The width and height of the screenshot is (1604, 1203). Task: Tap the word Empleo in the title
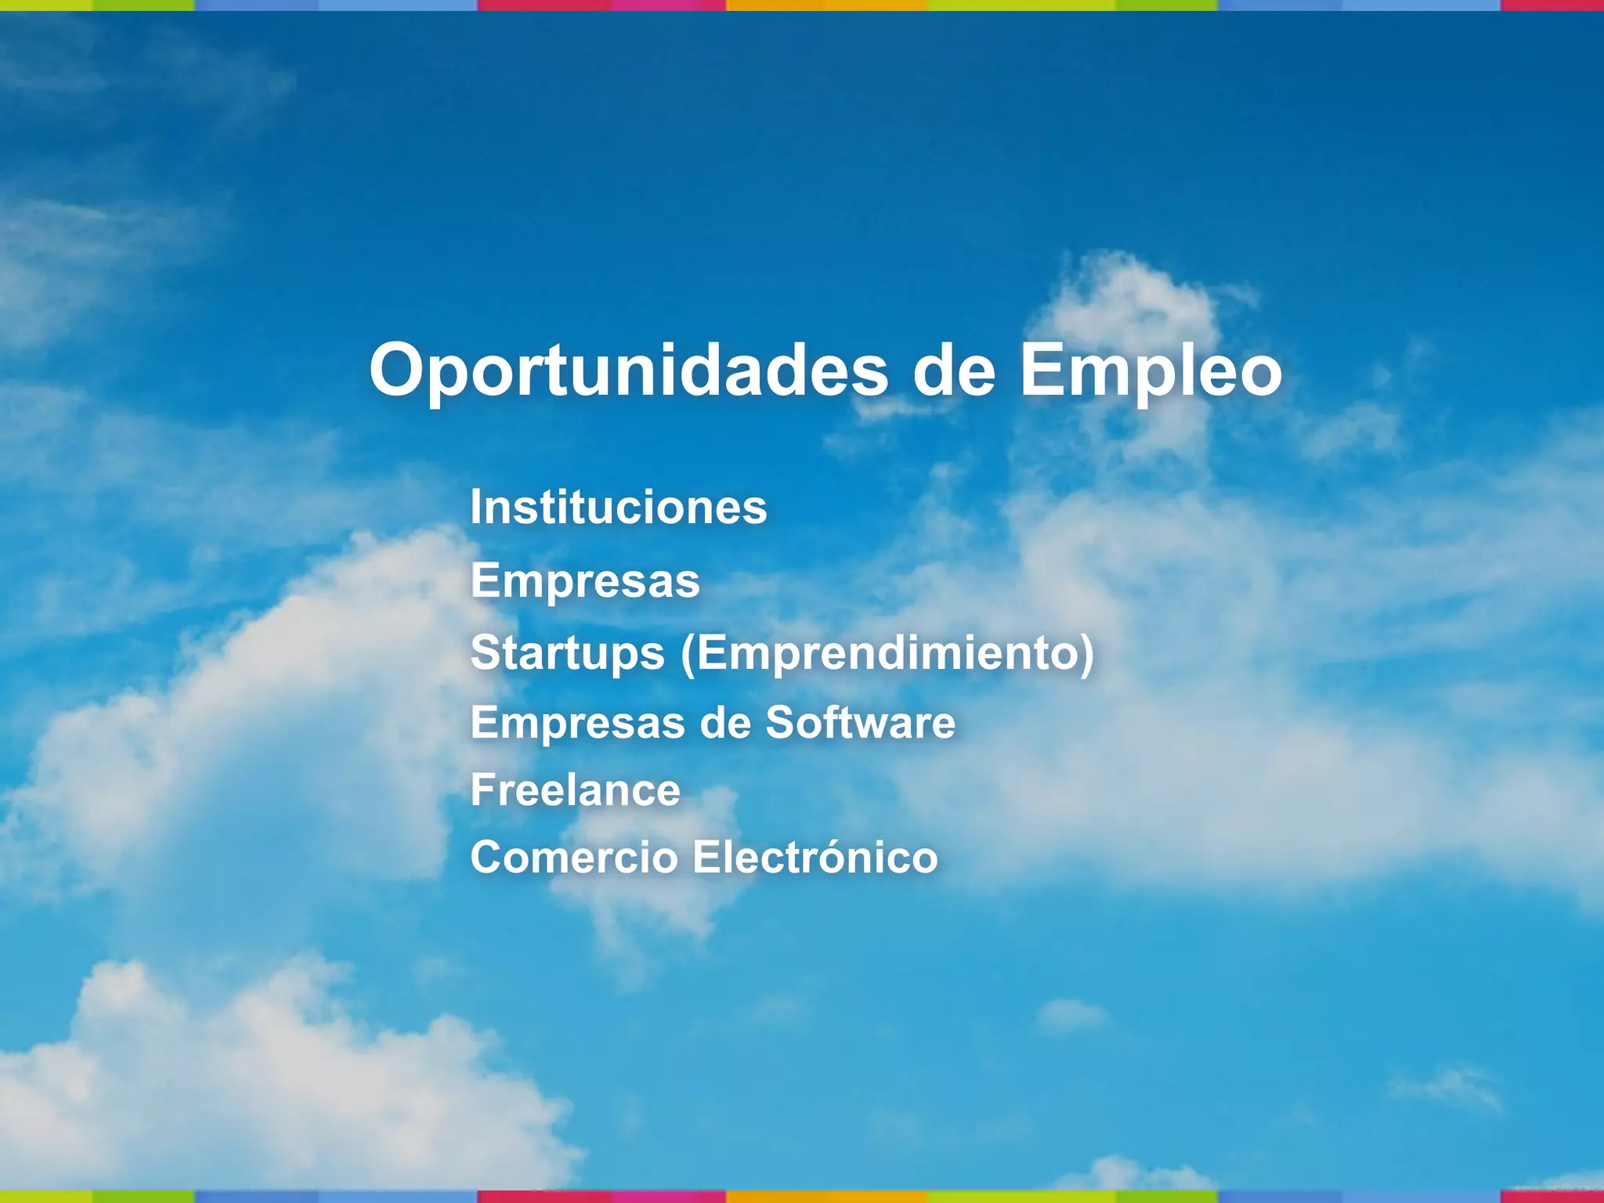[x=1151, y=370]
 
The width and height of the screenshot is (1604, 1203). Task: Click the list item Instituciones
[x=618, y=508]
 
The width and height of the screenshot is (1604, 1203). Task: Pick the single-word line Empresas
[x=585, y=580]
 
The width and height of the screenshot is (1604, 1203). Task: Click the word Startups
[x=567, y=652]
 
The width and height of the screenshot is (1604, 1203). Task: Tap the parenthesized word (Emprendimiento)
[x=887, y=652]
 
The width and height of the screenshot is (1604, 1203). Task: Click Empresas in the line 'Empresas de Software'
[x=578, y=722]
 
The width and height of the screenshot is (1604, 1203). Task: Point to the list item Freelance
[x=575, y=789]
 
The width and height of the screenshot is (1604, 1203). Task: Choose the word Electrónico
[x=815, y=857]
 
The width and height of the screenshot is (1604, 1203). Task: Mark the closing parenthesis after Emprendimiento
[x=1086, y=654]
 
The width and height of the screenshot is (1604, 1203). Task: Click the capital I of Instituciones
[x=475, y=508]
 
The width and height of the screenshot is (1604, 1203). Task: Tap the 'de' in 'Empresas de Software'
[x=725, y=722]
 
